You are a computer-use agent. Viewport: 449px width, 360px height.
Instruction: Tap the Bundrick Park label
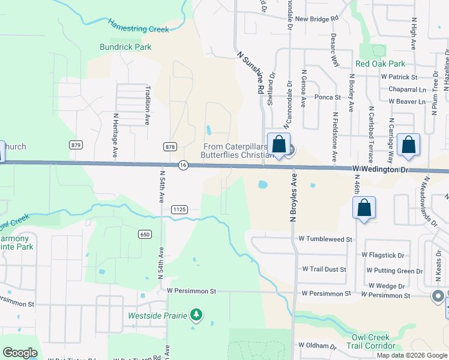click(x=125, y=47)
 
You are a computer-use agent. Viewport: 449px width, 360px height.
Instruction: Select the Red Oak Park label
click(x=380, y=64)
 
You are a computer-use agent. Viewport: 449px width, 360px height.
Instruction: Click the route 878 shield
click(x=170, y=146)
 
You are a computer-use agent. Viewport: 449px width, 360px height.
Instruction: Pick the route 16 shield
click(x=183, y=165)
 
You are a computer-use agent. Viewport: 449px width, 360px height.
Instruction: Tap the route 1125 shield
click(x=179, y=209)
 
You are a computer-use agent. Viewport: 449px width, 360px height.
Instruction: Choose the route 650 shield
click(x=145, y=235)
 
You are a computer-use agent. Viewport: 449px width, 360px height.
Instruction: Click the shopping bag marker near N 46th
click(x=364, y=208)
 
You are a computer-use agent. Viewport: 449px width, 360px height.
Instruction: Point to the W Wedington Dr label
click(x=380, y=170)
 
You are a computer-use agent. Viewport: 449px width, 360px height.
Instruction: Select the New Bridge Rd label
click(x=317, y=19)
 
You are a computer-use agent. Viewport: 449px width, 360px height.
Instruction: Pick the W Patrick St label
click(x=399, y=77)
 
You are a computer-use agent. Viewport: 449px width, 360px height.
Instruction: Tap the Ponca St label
click(x=328, y=97)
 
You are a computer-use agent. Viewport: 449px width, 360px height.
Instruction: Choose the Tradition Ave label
click(x=147, y=104)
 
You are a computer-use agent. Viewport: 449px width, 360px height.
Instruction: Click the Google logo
click(x=20, y=353)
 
